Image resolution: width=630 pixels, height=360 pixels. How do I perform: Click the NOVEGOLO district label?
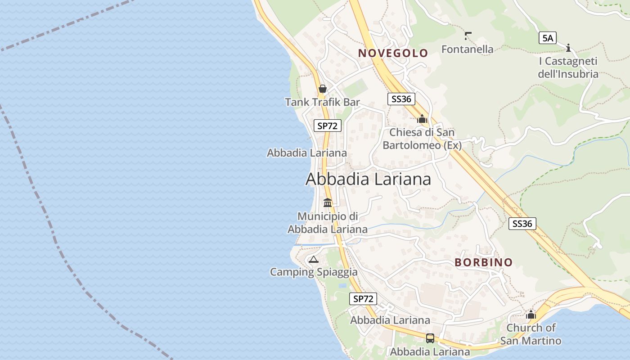pyautogui.click(x=393, y=53)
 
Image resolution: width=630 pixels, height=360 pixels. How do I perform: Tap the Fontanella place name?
pyautogui.click(x=467, y=49)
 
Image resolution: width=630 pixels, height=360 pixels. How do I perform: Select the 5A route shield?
pyautogui.click(x=548, y=38)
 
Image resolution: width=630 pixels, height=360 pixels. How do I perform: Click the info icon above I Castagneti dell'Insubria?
pyautogui.click(x=568, y=47)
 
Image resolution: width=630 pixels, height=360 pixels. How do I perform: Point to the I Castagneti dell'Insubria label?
pyautogui.click(x=568, y=67)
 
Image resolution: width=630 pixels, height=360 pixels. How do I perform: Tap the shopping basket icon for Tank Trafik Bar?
pyautogui.click(x=322, y=89)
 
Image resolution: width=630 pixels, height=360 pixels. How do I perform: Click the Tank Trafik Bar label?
pyautogui.click(x=322, y=102)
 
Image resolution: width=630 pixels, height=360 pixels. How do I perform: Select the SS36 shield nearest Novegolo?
pyautogui.click(x=401, y=99)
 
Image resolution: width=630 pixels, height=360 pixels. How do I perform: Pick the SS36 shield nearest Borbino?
pyautogui.click(x=522, y=224)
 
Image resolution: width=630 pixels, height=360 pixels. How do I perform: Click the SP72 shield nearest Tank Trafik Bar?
pyautogui.click(x=327, y=126)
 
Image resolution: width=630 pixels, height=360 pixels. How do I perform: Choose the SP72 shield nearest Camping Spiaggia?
pyautogui.click(x=363, y=299)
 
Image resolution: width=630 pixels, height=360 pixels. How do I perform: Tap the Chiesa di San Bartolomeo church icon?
pyautogui.click(x=422, y=119)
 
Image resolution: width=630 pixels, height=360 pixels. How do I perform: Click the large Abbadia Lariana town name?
pyautogui.click(x=368, y=179)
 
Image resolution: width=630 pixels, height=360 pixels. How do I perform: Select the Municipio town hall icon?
pyautogui.click(x=328, y=203)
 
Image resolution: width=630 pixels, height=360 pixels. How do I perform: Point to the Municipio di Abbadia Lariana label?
pyautogui.click(x=328, y=223)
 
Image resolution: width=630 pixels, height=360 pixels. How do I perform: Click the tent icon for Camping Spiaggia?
pyautogui.click(x=313, y=259)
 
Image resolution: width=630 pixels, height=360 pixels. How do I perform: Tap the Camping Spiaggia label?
pyautogui.click(x=314, y=272)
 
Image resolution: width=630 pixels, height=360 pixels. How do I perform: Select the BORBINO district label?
pyautogui.click(x=483, y=262)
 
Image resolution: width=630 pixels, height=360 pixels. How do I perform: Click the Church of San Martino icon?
pyautogui.click(x=531, y=315)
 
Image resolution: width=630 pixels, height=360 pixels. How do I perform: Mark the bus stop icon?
pyautogui.click(x=430, y=338)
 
